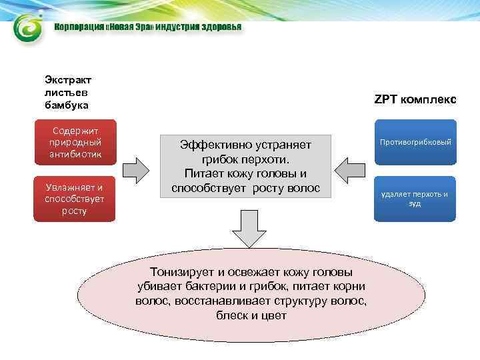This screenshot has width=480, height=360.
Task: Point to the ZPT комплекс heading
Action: tap(415, 99)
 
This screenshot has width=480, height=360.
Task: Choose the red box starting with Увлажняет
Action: tap(75, 199)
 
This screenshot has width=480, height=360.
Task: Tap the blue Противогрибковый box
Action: tap(415, 142)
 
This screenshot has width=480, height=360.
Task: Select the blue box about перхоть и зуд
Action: tap(415, 199)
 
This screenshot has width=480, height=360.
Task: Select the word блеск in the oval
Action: tap(233, 315)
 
